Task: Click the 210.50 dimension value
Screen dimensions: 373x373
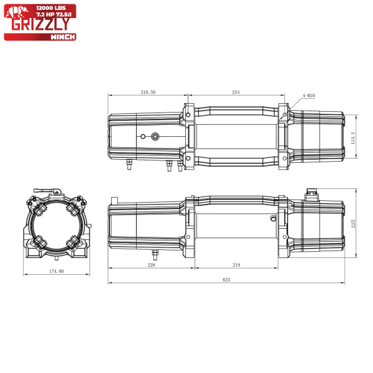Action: tap(148, 92)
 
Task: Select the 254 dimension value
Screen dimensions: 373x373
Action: tap(236, 92)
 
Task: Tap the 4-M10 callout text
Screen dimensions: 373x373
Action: tap(308, 96)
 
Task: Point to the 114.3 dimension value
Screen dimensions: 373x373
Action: tap(353, 138)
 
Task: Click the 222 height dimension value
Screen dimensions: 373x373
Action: tap(353, 224)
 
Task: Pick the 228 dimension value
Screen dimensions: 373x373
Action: tap(151, 265)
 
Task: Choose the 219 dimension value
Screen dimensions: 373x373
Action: tap(236, 265)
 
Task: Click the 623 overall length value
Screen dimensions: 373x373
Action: tap(226, 280)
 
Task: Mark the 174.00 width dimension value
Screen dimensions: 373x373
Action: tap(57, 271)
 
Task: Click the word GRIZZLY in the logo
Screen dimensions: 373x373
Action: tap(40, 24)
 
